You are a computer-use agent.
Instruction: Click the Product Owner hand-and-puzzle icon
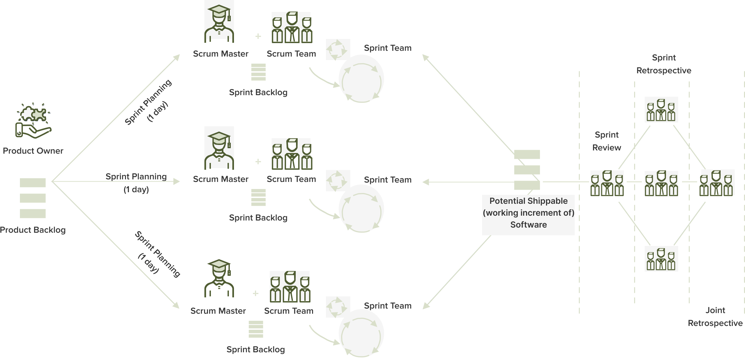(34, 121)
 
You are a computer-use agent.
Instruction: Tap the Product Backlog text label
(33, 230)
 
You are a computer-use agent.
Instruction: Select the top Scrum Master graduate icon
(219, 22)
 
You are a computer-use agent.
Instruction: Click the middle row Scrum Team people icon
(291, 154)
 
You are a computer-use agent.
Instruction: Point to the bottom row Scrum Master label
(218, 311)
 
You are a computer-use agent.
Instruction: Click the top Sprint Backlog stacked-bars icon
(258, 72)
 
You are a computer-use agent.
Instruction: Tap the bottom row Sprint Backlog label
(256, 349)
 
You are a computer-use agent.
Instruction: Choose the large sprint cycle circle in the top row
(361, 79)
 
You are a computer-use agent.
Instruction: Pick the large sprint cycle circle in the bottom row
(361, 333)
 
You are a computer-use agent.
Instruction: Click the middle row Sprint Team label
(388, 180)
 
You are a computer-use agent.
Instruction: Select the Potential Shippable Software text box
(528, 213)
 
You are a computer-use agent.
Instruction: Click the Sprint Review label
(606, 141)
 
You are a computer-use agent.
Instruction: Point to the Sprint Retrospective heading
(664, 64)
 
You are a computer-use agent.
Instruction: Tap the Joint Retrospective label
(715, 317)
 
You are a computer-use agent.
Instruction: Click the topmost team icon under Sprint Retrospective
(661, 110)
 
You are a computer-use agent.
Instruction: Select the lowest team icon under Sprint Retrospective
(661, 259)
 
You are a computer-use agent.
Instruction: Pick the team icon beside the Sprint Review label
(607, 183)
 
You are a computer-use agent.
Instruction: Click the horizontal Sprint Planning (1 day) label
(136, 183)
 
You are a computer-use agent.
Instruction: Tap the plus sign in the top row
(258, 36)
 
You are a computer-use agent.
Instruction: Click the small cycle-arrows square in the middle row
(338, 181)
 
